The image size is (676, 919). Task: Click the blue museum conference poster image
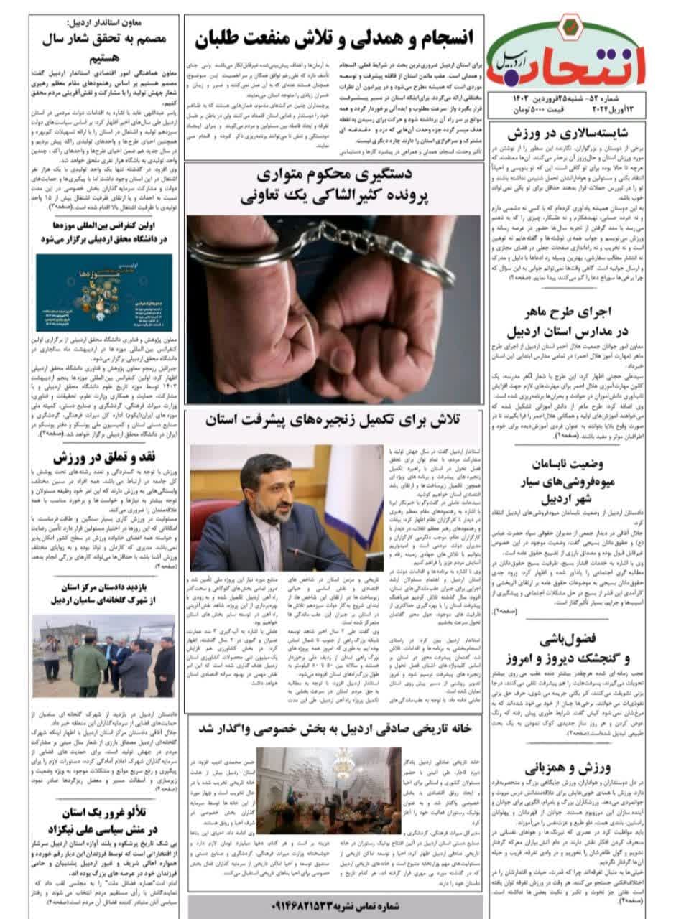(x=104, y=292)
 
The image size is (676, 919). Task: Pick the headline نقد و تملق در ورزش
(x=104, y=456)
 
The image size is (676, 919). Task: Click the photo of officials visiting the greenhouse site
(x=104, y=657)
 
